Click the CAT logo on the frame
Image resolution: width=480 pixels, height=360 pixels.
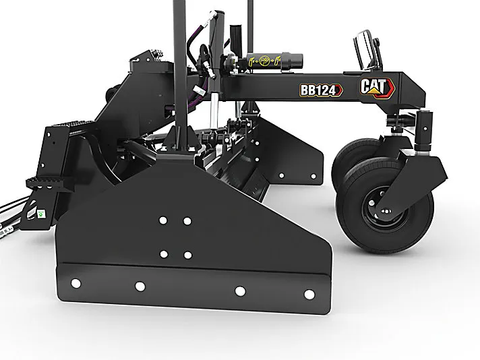377,87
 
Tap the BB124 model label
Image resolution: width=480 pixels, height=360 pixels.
321,90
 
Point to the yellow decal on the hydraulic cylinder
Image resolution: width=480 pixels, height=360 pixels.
264,61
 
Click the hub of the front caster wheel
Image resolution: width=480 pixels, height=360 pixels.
385,210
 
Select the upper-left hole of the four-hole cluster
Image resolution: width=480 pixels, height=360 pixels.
163,220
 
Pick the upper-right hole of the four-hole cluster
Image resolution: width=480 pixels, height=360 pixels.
187,221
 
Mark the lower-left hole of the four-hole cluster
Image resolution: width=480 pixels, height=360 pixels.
164,253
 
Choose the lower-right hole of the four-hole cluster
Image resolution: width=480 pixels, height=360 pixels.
187,255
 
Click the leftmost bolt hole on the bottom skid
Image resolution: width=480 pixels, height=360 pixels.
76,283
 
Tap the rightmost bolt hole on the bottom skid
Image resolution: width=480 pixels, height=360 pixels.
309,294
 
